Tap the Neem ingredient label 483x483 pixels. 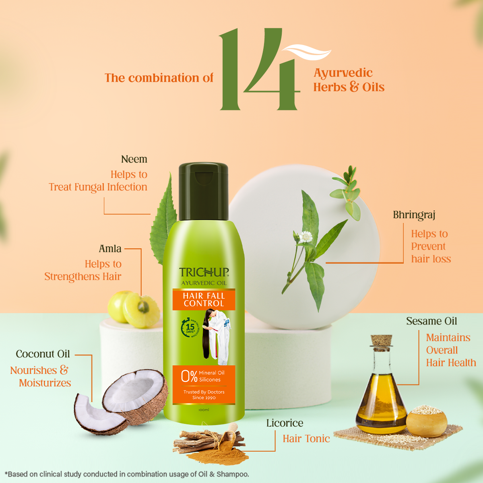click(134, 159)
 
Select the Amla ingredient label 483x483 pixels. click(110, 249)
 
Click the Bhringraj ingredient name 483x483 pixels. click(414, 215)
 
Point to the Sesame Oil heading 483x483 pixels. click(431, 321)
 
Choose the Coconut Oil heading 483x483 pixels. click(43, 354)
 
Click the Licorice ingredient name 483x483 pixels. click(285, 423)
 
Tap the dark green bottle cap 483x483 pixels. click(203, 191)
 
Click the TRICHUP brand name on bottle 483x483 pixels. click(204, 272)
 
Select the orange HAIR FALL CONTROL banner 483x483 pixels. click(204, 299)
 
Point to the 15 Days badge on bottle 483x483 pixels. click(190, 328)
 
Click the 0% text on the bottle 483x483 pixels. click(189, 376)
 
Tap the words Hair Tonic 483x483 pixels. click(306, 439)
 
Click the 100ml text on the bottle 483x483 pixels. click(204, 410)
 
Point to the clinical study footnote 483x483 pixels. click(127, 474)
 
